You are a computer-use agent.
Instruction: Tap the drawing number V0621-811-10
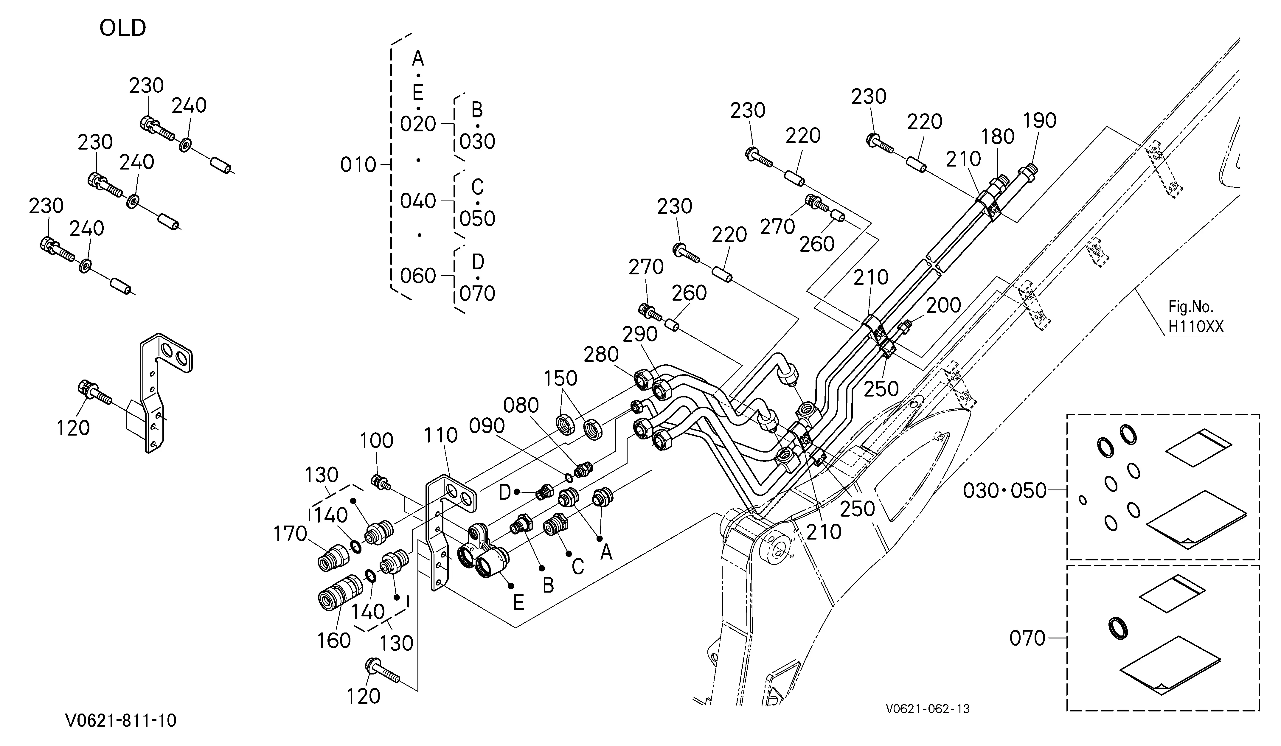(x=121, y=720)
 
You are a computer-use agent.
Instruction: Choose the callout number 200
(x=943, y=305)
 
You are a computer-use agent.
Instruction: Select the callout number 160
(x=334, y=641)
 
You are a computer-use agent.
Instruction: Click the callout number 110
(x=441, y=436)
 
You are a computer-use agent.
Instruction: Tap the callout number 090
(x=487, y=426)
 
